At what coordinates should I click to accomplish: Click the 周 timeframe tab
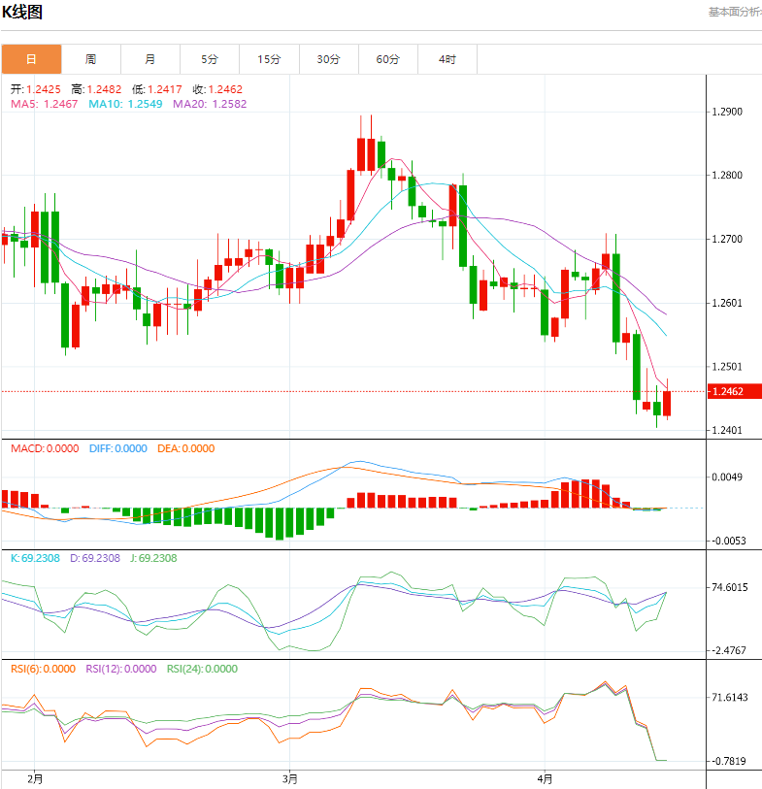90,59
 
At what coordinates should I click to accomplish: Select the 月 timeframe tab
149,59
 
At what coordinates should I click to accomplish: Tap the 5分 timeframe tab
210,59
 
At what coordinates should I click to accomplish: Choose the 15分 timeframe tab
269,59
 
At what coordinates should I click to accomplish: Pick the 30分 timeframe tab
328,59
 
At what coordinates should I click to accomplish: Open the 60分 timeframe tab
387,59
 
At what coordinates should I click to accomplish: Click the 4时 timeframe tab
447,59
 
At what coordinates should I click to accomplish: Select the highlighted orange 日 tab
31,59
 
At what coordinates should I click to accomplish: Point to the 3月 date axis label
288,778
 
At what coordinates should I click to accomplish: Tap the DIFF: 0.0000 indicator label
117,448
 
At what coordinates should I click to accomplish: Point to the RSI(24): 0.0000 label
202,669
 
